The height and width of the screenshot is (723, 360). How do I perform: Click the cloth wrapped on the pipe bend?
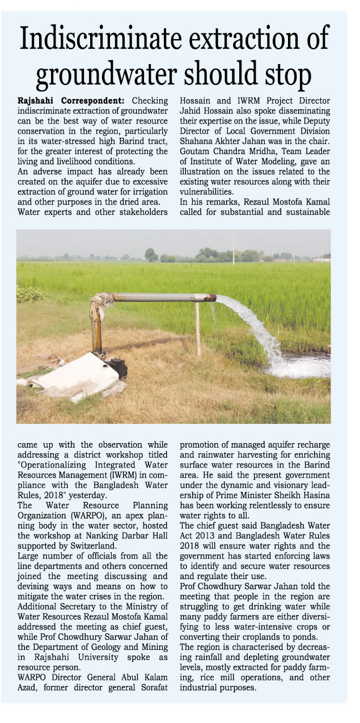tap(102, 300)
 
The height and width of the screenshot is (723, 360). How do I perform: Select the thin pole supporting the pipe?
tap(198, 329)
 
